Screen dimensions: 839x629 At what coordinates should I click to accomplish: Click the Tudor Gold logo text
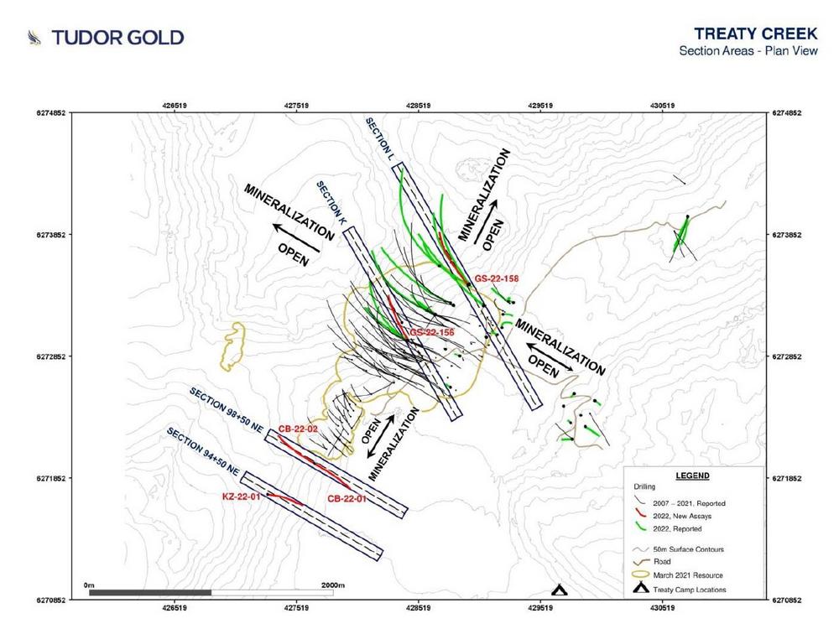point(117,38)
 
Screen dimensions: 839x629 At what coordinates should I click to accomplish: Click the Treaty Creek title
point(756,34)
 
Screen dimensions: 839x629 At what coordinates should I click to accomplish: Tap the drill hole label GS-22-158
point(497,278)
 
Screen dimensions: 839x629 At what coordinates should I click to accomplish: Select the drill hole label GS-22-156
point(432,333)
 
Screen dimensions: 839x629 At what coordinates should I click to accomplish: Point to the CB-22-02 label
point(298,429)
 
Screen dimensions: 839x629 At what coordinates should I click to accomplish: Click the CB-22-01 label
point(347,499)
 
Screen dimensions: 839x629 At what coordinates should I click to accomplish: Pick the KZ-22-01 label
point(242,496)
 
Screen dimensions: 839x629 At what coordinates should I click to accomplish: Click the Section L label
point(380,139)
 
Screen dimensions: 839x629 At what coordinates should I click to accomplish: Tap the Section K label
point(331,203)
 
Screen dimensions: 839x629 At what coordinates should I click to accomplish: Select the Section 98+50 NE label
point(227,411)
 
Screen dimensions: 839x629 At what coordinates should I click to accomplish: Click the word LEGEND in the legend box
point(692,476)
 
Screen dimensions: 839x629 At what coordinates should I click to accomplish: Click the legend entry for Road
point(662,562)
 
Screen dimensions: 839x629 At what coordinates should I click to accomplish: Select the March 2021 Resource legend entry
point(688,575)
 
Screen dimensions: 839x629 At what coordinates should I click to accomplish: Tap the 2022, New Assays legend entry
point(682,516)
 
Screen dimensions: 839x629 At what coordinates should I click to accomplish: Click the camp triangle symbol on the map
point(559,590)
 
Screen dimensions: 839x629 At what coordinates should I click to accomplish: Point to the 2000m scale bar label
point(333,585)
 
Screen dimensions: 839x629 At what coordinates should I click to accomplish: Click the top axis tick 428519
point(418,106)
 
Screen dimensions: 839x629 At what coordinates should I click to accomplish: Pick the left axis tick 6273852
point(51,235)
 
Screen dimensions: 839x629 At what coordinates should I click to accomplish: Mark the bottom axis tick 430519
point(663,607)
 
